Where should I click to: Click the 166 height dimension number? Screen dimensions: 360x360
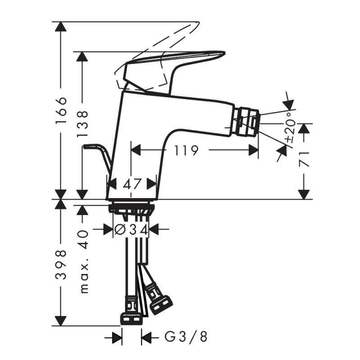point(61,111)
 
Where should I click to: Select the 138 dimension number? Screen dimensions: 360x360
point(82,124)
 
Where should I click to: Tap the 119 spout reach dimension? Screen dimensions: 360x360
point(186,150)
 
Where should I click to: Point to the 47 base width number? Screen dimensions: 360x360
point(131,184)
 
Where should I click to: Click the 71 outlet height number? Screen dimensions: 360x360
point(304,159)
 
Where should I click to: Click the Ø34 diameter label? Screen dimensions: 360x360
point(131,229)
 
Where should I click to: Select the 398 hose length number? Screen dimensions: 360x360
point(61,265)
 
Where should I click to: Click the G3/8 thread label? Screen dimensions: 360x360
point(186,337)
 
